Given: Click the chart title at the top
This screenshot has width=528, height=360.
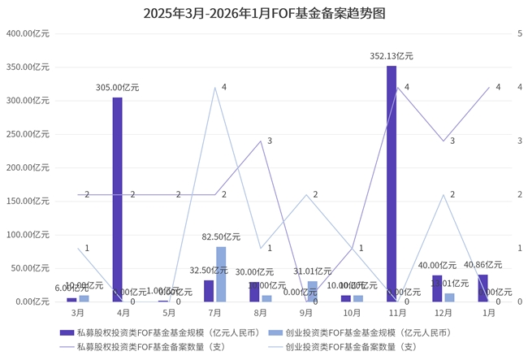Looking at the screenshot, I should (x=264, y=14).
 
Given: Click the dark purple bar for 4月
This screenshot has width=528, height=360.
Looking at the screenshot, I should (x=118, y=199).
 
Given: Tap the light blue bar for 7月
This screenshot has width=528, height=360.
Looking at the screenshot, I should (x=221, y=274).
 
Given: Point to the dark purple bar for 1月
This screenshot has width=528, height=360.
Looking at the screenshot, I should (x=483, y=288).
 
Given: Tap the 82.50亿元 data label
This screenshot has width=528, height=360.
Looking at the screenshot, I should (x=221, y=237).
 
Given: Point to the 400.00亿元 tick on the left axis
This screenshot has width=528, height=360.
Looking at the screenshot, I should (x=28, y=33).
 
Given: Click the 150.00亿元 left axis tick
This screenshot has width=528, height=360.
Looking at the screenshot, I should (x=28, y=201).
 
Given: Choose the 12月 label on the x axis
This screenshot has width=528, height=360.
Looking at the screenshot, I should (x=443, y=313).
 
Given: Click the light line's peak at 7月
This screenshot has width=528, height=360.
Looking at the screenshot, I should (x=215, y=87).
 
